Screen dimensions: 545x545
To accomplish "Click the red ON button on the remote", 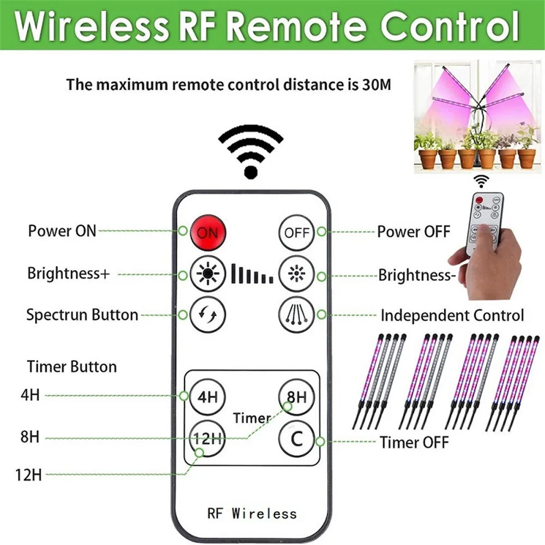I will tap(208, 233).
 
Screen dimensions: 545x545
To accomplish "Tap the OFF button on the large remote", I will tap(296, 233).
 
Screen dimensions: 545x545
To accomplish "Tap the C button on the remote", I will tap(296, 438).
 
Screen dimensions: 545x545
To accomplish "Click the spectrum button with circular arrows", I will tap(208, 314).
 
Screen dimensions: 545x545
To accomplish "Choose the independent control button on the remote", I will tap(296, 314).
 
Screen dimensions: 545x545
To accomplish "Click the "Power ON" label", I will tap(62, 231).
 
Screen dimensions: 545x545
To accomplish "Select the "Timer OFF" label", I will tap(414, 442).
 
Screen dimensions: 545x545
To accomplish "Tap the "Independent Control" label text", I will tap(452, 315).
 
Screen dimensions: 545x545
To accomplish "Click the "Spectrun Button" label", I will tap(82, 314).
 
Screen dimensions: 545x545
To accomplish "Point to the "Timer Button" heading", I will tap(72, 366).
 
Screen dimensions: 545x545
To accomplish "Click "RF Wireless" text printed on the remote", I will tap(252, 513).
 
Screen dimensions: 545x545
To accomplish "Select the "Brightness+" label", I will tap(69, 273).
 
